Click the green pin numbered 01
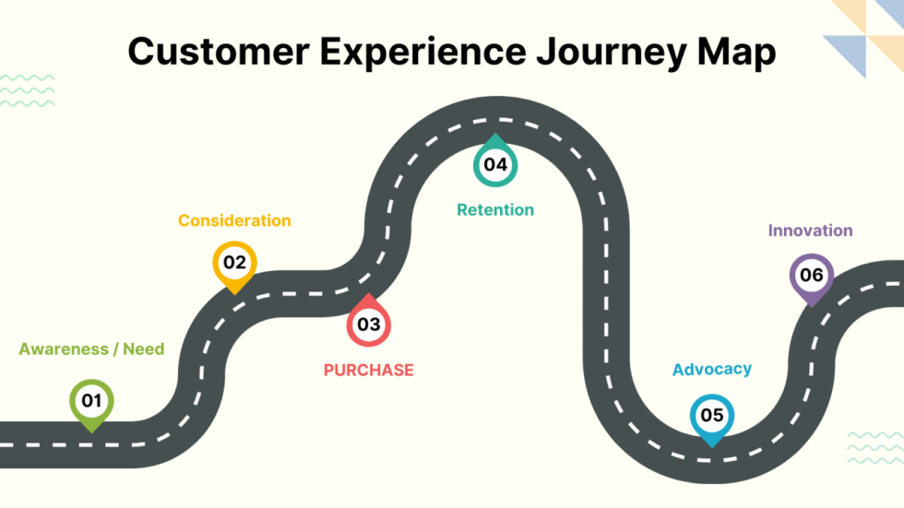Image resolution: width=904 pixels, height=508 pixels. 91,402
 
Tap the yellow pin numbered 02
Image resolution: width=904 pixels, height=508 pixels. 234,264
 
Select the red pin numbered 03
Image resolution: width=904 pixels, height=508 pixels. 368,323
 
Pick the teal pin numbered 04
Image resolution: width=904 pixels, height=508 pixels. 495,164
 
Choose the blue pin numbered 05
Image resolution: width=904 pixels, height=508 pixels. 711,416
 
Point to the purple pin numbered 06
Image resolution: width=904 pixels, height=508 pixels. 811,276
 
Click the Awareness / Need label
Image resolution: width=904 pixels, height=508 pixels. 91,349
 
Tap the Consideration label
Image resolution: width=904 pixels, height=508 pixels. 234,221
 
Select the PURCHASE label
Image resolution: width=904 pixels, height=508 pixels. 368,371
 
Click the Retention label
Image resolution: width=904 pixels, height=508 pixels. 495,210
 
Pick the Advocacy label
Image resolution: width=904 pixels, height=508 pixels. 711,370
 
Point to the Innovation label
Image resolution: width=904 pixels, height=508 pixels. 810,230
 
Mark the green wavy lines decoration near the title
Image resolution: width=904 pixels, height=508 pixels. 27,90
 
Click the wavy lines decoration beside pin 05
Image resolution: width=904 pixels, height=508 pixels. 874,448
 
